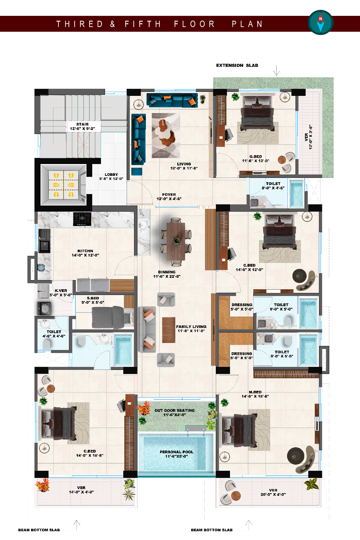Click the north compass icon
321,22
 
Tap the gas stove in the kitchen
82,219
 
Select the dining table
176,241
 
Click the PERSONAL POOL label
176,454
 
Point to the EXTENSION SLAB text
237,65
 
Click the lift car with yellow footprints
63,185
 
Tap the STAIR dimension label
82,126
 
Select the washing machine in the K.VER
44,308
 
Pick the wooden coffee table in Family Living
169,330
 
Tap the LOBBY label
111,177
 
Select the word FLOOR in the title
194,24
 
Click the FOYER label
169,196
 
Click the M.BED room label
255,394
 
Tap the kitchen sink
44,241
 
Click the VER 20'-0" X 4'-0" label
273,492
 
